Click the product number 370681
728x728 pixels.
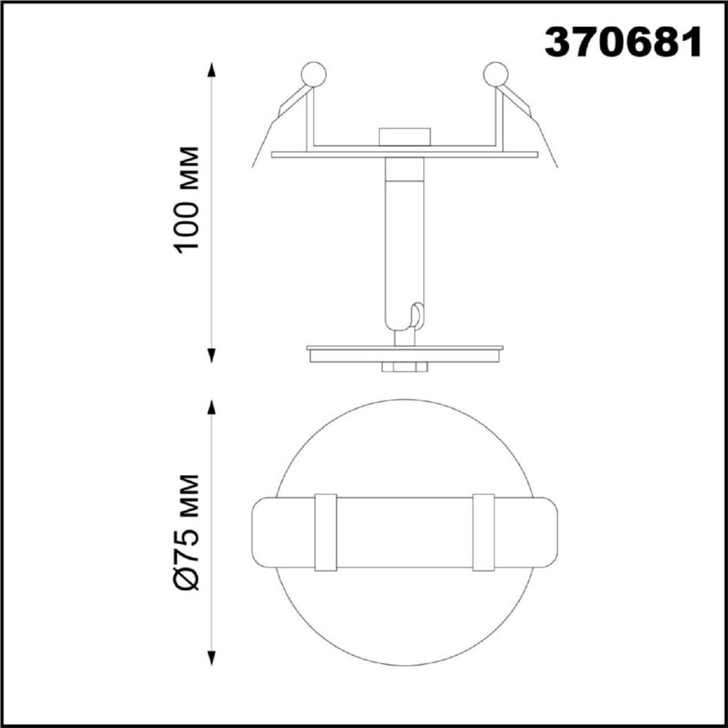623,41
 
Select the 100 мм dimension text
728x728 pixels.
188,200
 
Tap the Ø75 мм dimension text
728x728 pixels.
188,532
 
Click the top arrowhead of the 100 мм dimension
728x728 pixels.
212,70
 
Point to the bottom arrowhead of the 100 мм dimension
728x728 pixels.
212,355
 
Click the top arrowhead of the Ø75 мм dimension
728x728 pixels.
212,407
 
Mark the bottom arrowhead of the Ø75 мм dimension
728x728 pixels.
212,658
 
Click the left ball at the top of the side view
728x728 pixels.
314,74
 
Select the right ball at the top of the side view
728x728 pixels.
495,74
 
